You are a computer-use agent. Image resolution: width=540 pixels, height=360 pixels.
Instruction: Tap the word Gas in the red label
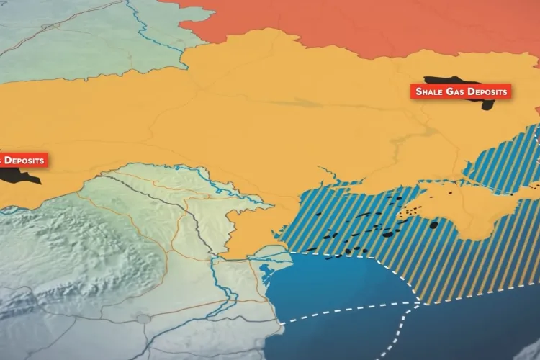pos(459,92)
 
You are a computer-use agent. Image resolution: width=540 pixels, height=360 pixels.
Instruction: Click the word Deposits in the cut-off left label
pos(23,160)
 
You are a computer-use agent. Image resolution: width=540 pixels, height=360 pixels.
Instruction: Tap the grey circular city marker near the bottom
pos(143,319)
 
